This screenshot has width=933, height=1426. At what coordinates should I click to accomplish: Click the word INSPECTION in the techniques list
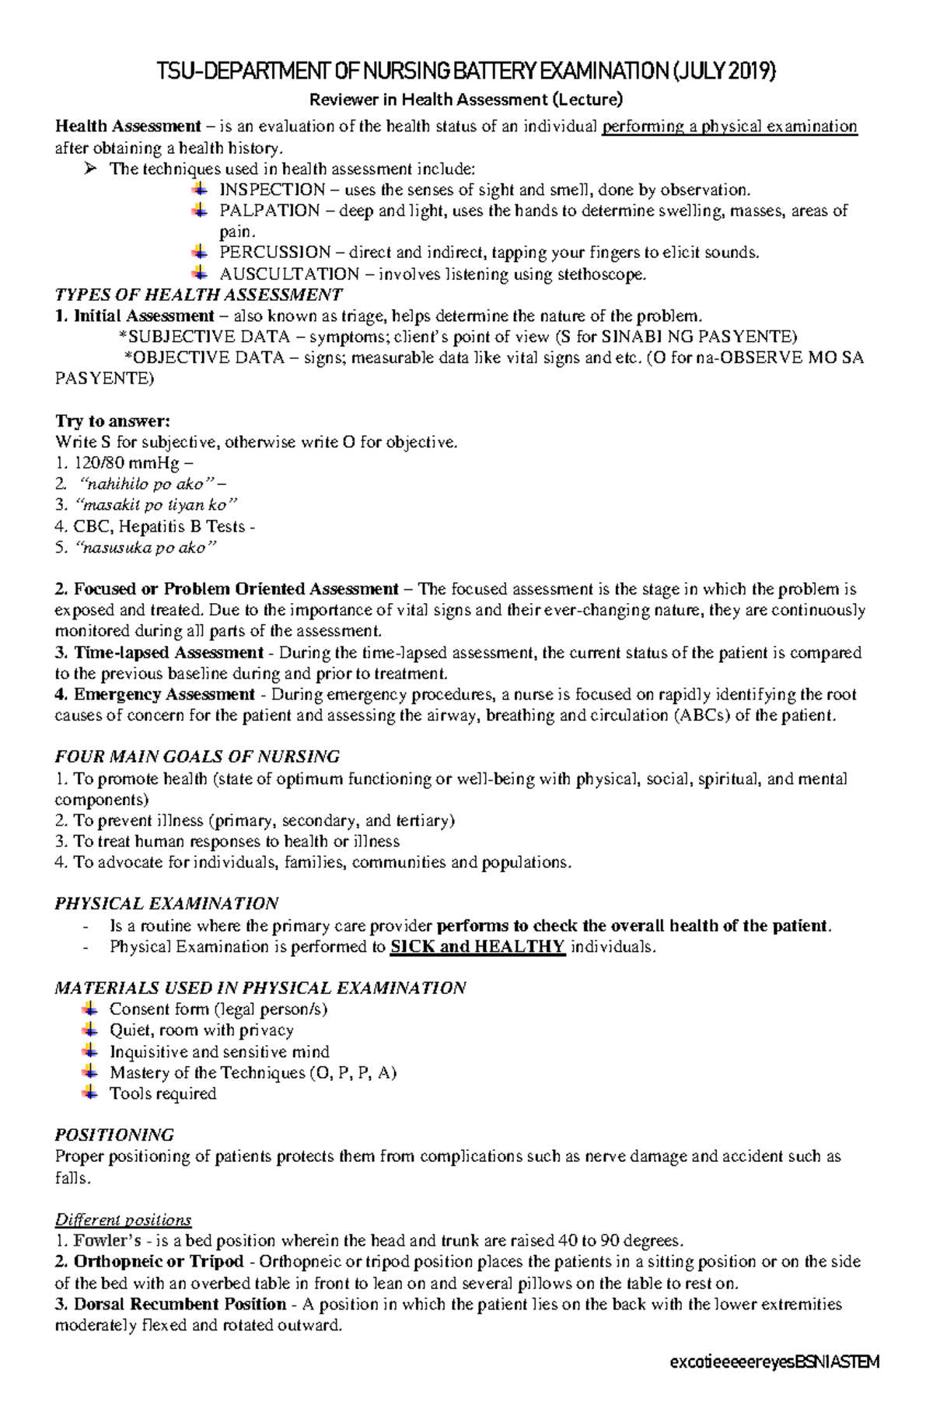tap(271, 190)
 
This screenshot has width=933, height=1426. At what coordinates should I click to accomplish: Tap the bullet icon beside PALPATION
tap(200, 210)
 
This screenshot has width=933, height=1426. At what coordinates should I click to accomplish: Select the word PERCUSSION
tap(274, 253)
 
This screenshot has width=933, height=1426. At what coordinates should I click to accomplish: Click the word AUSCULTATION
tap(289, 274)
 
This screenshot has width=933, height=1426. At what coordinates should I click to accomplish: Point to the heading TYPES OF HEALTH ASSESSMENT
tap(198, 295)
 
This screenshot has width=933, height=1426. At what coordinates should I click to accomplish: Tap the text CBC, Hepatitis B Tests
tap(159, 526)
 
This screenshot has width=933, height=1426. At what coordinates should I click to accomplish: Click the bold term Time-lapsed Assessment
tap(169, 653)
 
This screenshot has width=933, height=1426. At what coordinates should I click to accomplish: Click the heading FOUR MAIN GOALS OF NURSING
tap(197, 757)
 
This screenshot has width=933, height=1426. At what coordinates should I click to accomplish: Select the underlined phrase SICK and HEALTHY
tap(477, 947)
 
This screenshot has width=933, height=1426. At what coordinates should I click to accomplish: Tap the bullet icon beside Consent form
tap(90, 1009)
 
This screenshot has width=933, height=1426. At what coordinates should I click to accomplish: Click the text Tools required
tap(162, 1093)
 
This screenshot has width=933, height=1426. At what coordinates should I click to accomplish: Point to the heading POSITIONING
tap(114, 1135)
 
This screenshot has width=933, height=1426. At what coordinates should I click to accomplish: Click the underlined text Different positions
tap(123, 1219)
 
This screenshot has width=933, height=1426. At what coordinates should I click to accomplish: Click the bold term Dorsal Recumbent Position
tap(180, 1304)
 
